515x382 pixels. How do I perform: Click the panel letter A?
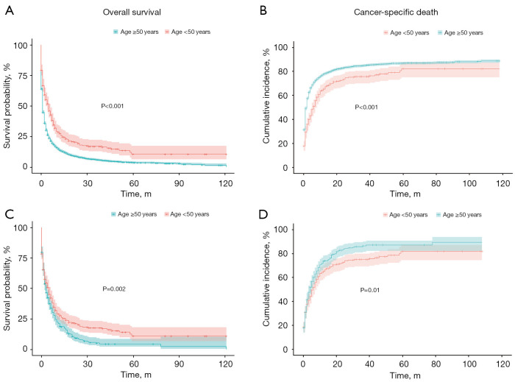pyautogui.click(x=10, y=11)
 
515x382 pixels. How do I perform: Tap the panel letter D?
pyautogui.click(x=263, y=214)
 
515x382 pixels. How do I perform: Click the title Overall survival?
pyautogui.click(x=132, y=13)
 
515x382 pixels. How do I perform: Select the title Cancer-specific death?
pyautogui.click(x=396, y=13)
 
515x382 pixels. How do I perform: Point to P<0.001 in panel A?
pyautogui.click(x=113, y=106)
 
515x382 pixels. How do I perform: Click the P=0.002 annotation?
pyautogui.click(x=114, y=289)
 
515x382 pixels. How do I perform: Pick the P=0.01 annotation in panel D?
pyautogui.click(x=370, y=290)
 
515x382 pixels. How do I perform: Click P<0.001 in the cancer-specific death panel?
pyautogui.click(x=366, y=107)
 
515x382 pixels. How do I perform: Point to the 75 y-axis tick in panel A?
pyautogui.click(x=23, y=76)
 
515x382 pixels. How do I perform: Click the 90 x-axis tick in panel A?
pyautogui.click(x=180, y=183)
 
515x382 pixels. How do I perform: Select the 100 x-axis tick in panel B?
pyautogui.click(x=469, y=183)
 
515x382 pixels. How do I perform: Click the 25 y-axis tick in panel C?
pyautogui.click(x=23, y=319)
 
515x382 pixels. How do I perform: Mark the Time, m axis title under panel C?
pyautogui.click(x=136, y=375)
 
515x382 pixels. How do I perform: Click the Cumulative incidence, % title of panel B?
pyautogui.click(x=266, y=96)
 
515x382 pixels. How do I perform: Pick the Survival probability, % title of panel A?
pyautogui.click(x=7, y=106)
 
